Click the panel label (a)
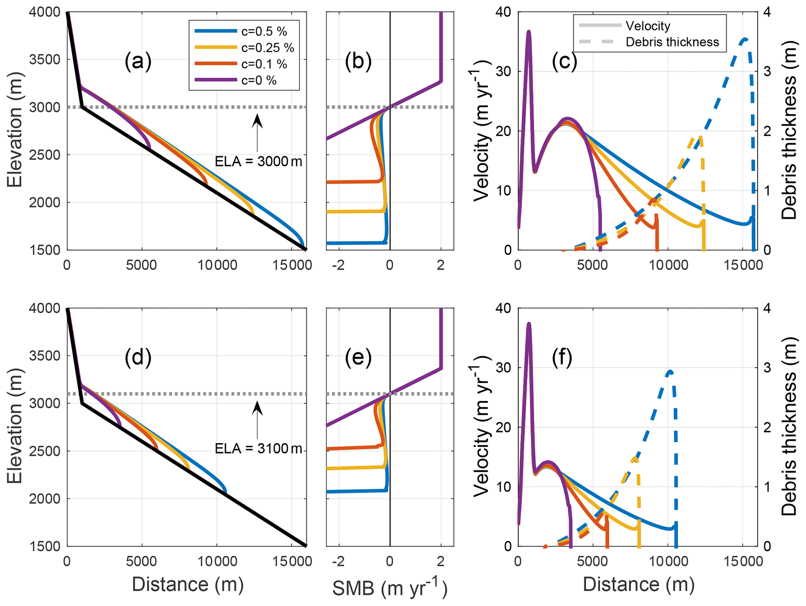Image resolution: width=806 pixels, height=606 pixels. click(138, 61)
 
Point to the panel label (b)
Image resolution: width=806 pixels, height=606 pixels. click(358, 61)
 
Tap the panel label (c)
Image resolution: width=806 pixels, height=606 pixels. click(564, 61)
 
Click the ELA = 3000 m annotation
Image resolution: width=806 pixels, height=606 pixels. click(258, 161)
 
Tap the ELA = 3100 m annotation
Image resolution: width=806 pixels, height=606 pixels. click(258, 449)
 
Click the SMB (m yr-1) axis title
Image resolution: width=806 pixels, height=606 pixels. click(390, 587)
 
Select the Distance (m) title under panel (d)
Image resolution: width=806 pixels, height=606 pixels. click(188, 584)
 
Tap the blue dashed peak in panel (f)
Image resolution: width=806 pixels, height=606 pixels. click(670, 371)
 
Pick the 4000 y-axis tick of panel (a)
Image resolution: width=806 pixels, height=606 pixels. click(44, 12)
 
